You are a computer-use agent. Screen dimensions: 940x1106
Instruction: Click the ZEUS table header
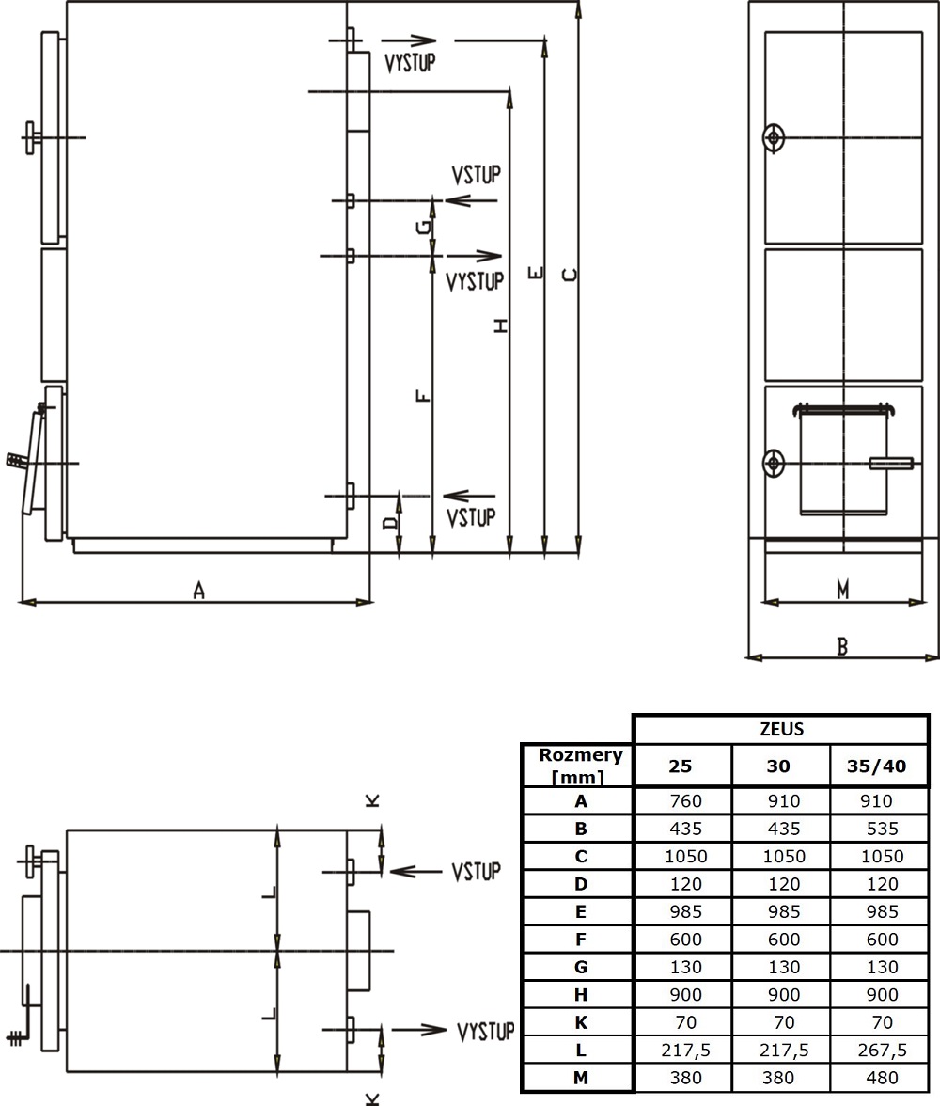point(781,730)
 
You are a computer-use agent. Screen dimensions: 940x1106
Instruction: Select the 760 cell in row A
point(685,801)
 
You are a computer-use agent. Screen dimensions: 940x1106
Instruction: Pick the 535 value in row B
point(882,829)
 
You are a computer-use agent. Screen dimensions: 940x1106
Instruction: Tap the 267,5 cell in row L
point(882,1051)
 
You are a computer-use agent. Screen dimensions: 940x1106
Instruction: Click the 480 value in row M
point(882,1078)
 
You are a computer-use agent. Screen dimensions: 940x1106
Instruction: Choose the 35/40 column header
point(876,766)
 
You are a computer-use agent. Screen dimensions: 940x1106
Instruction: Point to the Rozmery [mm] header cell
point(580,766)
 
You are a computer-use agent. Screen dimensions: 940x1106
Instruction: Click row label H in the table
point(580,995)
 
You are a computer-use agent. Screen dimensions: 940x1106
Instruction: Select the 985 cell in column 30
point(783,912)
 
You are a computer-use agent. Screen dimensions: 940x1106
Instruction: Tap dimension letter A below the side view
point(199,590)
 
